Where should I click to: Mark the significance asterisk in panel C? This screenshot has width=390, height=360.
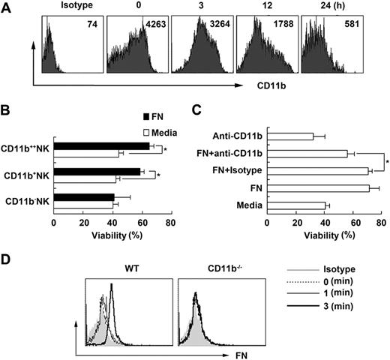point(386,162)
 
